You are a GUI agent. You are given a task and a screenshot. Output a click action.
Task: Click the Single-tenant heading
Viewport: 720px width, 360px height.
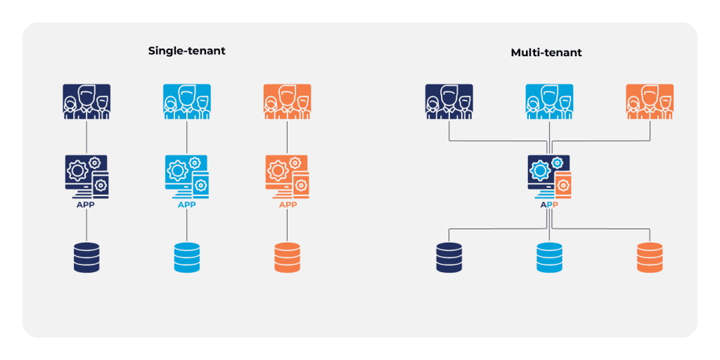186,51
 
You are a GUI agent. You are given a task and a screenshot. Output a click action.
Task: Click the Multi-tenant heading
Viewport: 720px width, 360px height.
546,53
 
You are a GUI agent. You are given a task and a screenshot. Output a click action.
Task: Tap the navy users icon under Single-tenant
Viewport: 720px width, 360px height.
86,102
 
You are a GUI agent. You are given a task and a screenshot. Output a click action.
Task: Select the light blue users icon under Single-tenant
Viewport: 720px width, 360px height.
187,102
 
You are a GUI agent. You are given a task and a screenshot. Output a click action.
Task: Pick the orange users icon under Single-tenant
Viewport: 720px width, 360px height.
287,102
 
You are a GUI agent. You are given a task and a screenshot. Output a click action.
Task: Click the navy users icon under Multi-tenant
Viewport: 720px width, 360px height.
449,102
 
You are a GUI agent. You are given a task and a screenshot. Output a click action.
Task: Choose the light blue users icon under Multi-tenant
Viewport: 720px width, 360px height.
549,102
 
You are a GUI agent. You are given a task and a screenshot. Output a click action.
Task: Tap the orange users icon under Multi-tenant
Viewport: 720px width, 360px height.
650,102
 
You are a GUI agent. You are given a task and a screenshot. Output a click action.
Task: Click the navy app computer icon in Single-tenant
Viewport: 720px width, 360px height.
86,176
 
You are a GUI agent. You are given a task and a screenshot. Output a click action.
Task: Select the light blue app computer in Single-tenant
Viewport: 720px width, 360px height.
187,176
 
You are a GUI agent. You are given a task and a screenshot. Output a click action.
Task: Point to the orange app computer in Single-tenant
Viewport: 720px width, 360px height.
287,176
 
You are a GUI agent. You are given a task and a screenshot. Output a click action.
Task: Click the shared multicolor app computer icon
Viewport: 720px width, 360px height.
549,176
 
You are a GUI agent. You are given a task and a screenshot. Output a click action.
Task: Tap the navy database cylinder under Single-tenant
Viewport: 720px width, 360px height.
86,257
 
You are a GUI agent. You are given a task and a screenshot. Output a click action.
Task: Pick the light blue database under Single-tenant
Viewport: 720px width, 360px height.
187,257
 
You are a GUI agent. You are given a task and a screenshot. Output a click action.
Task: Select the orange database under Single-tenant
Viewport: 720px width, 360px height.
287,257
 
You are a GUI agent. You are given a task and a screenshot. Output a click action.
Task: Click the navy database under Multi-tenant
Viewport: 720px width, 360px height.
449,257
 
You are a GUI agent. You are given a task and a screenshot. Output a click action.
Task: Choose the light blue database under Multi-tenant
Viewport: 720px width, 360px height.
549,257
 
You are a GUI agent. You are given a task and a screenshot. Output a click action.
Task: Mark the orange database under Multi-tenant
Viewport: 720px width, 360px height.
650,257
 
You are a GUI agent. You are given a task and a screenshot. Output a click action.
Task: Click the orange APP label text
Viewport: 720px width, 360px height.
288,205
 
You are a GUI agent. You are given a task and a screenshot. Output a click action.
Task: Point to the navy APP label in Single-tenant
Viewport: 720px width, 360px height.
86,205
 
